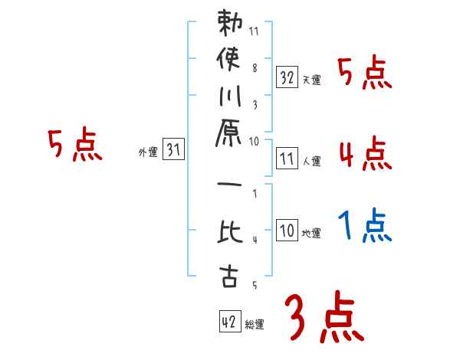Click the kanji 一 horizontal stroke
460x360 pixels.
(229, 185)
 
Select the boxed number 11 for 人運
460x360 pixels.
(287, 159)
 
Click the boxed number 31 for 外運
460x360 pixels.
(173, 150)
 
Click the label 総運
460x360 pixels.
(255, 325)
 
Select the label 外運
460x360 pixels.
(147, 152)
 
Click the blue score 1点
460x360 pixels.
(364, 226)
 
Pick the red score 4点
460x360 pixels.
(364, 153)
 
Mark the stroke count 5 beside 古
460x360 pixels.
(255, 286)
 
